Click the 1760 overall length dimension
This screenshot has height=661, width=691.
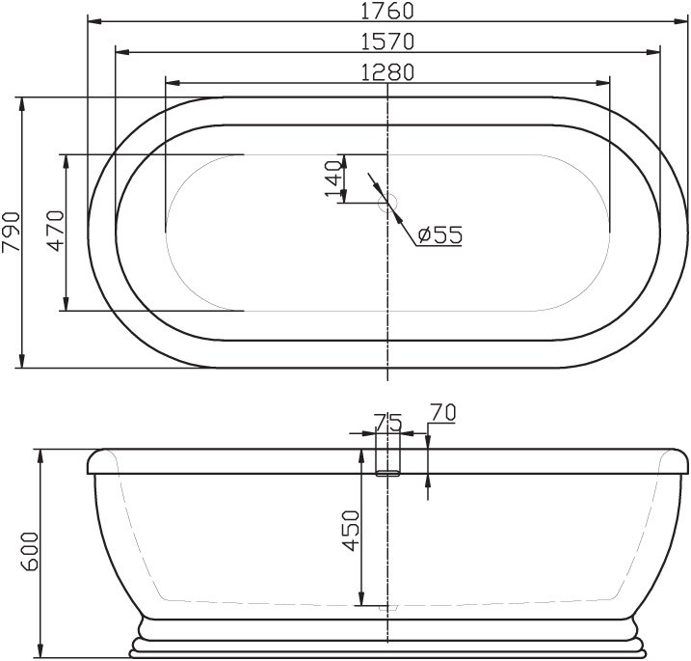pos(387,12)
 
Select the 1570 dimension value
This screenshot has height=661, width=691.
pos(387,41)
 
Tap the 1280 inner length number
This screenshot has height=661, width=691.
pos(387,71)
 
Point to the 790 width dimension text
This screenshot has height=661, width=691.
pos(11,232)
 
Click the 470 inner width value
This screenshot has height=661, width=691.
pos(55,232)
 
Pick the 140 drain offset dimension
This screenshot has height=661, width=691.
pos(333,179)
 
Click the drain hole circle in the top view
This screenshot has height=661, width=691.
pos(388,202)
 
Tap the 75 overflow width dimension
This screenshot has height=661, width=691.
pos(387,421)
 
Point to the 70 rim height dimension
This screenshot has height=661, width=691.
pos(442,412)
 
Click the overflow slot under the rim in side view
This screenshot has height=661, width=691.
pos(387,473)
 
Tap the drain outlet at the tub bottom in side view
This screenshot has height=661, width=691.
pos(387,609)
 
